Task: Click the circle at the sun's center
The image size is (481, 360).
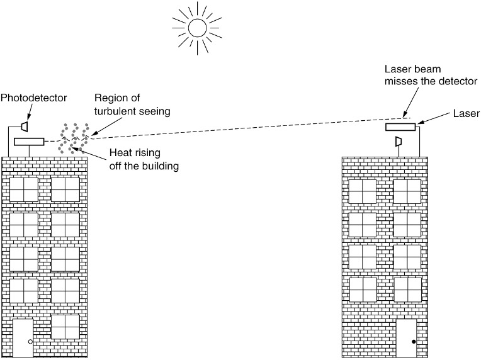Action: (197, 28)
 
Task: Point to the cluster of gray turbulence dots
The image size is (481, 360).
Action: (73, 137)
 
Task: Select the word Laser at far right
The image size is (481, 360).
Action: (466, 113)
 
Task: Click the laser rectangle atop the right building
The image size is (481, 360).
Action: (402, 127)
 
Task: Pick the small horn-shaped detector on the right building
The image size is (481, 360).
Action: (398, 143)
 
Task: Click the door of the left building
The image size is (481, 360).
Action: (23, 338)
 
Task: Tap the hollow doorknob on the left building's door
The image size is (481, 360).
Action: (30, 342)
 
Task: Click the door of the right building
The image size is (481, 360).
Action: (406, 338)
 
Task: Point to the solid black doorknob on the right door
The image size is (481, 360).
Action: (413, 342)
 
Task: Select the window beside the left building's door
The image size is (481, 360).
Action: (65, 326)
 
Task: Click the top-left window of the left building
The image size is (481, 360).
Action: (24, 189)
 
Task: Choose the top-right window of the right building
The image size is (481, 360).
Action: (407, 192)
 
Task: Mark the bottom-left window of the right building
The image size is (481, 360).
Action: (363, 290)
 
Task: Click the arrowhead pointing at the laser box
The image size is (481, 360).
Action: (417, 125)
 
